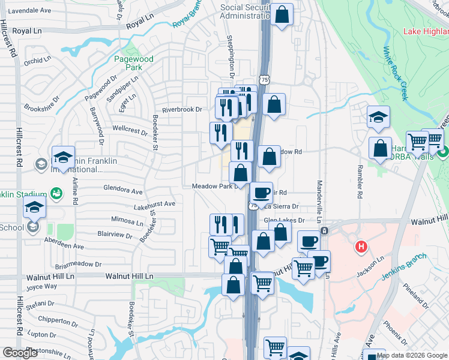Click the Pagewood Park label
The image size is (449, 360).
pyautogui.click(x=134, y=64)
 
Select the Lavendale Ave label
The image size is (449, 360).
pyautogui.click(x=30, y=11)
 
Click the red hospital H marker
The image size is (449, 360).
pyautogui.click(x=361, y=246)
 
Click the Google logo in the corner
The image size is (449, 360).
pyautogui.click(x=20, y=353)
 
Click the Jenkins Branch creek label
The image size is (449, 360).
pyautogui.click(x=403, y=268)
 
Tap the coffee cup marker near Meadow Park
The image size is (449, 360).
pyautogui.click(x=261, y=192)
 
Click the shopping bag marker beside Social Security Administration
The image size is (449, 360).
pyautogui.click(x=282, y=14)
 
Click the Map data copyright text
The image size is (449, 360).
pyautogui.click(x=412, y=355)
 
